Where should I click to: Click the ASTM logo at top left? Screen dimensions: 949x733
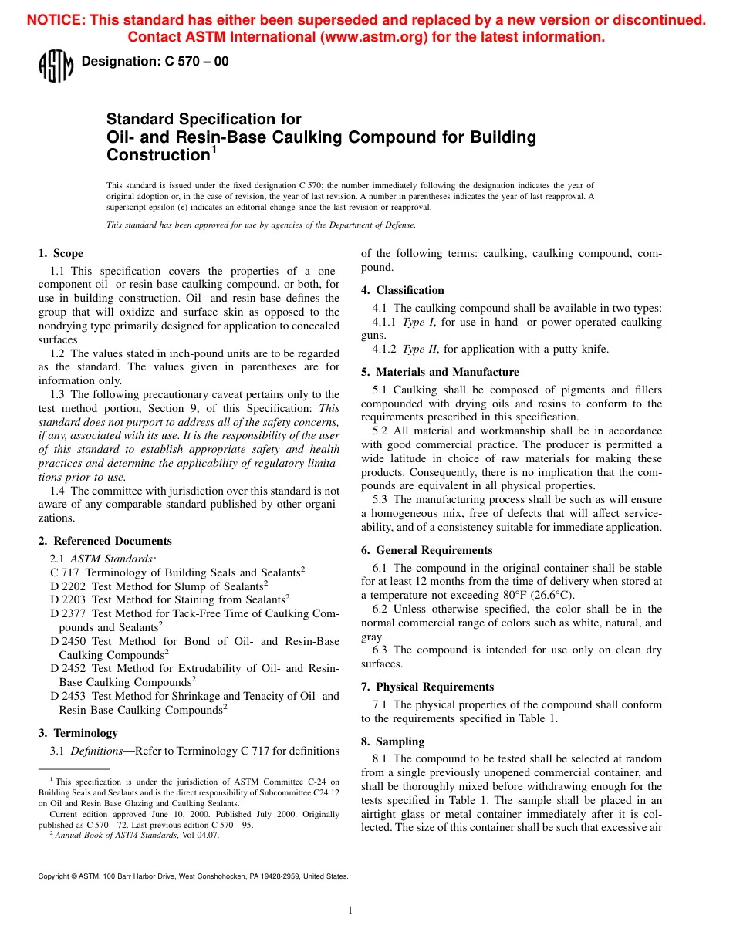56,66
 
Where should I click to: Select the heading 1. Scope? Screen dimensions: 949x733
61,253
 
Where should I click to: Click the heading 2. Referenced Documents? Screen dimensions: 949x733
105,541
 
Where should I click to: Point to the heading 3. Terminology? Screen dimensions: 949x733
78,733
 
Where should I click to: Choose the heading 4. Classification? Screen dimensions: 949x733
403,290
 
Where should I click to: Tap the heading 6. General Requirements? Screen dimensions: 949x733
427,550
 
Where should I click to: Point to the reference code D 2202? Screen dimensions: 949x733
68,586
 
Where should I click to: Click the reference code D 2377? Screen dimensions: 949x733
68,613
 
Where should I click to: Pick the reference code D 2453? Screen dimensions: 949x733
68,696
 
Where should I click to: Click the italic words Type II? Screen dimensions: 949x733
421,349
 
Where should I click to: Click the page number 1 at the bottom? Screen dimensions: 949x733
350,910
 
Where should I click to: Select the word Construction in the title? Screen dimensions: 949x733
157,155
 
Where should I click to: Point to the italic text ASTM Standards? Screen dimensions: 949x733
113,559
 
